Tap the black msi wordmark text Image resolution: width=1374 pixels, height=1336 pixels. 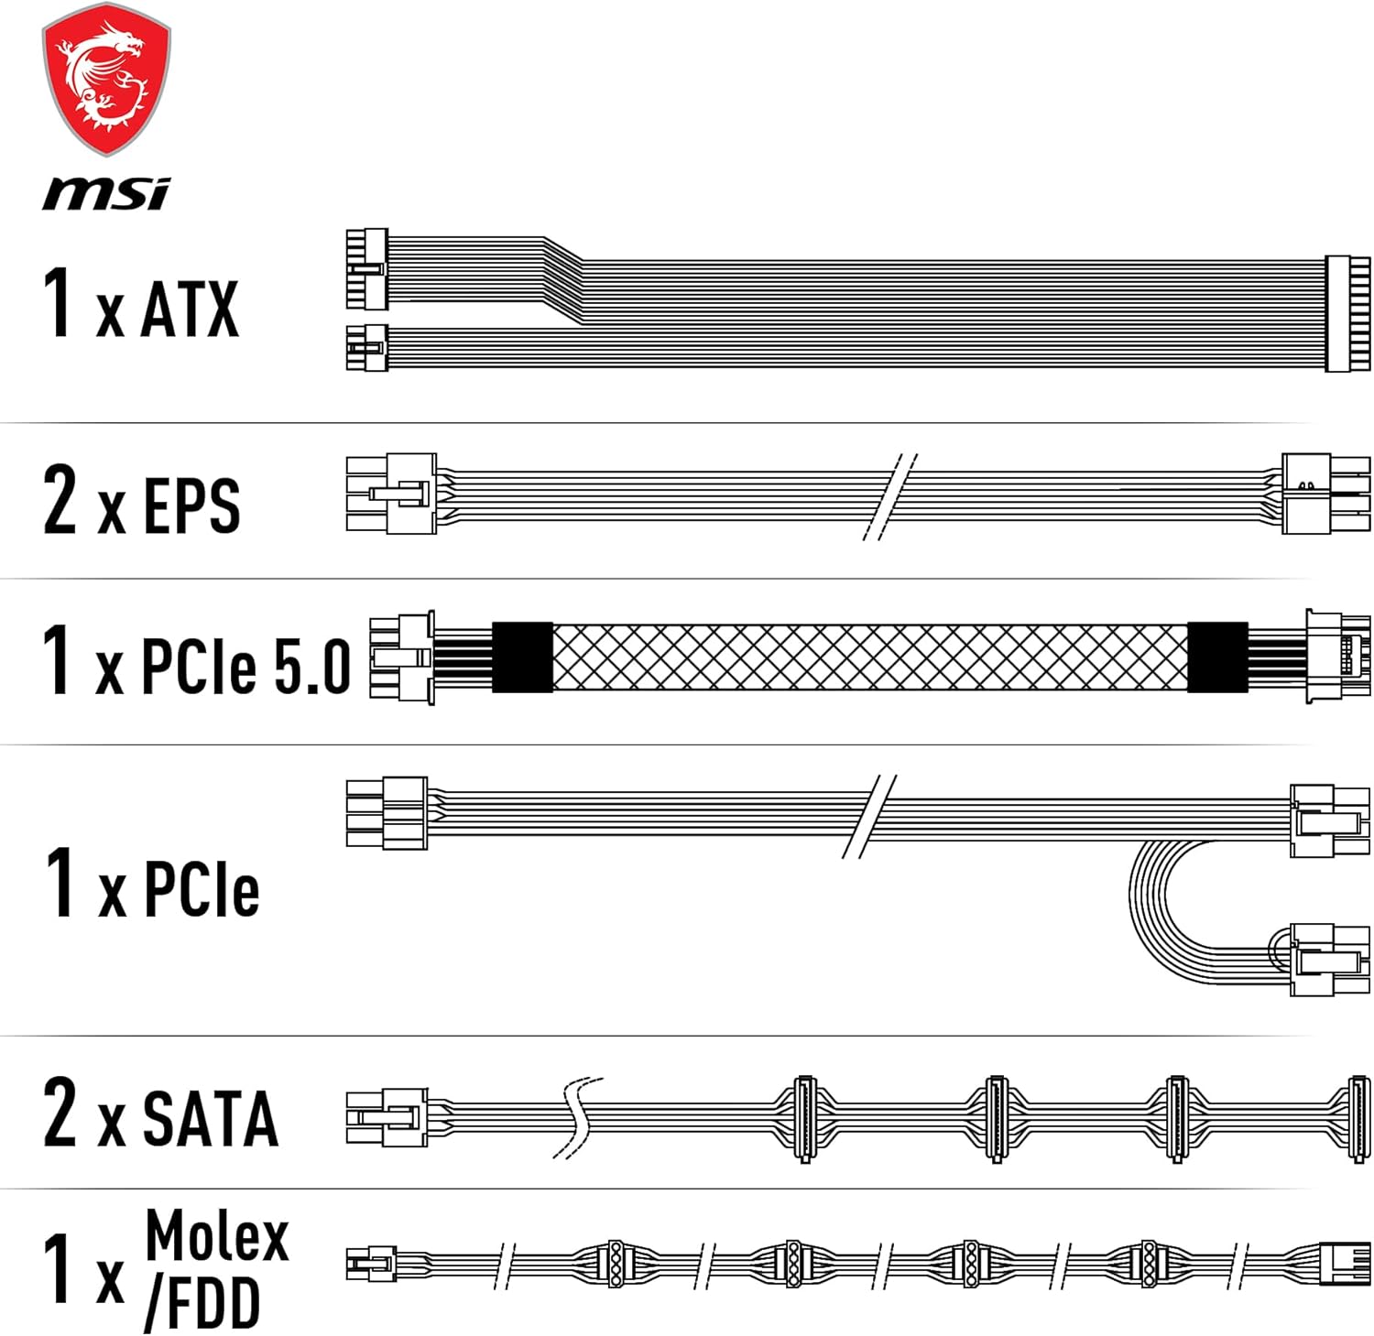[106, 193]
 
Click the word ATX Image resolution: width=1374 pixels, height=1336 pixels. [190, 310]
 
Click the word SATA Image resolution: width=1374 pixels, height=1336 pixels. [210, 1118]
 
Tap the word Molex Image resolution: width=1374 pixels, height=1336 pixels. [217, 1235]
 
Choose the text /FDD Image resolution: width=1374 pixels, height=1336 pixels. [202, 1303]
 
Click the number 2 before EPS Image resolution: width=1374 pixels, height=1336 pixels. [60, 499]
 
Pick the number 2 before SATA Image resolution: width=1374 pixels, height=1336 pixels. [60, 1113]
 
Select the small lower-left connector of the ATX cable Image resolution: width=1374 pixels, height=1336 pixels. [366, 348]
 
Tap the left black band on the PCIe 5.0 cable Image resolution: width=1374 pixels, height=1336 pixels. [522, 657]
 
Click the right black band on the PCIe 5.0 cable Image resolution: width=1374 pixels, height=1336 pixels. [1217, 657]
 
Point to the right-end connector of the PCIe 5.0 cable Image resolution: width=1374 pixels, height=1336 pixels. [1336, 657]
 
